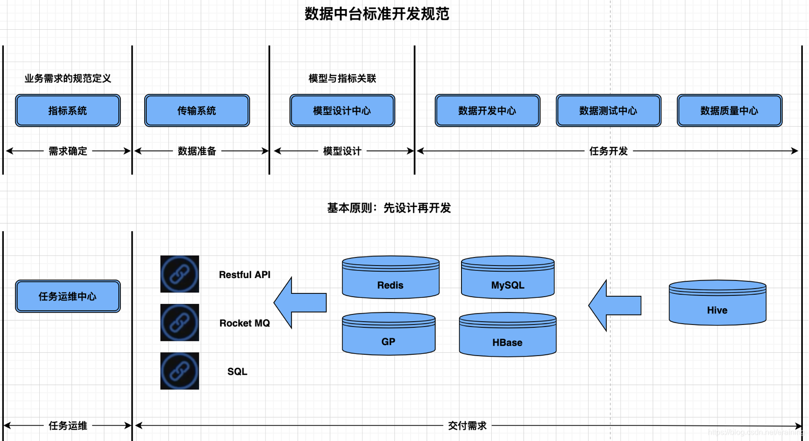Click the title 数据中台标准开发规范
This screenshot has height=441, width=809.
click(377, 14)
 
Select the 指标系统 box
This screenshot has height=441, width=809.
click(68, 111)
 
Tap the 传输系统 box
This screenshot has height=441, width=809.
click(197, 111)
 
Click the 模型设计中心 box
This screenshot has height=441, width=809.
click(342, 111)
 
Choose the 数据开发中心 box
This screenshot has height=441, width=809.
click(487, 111)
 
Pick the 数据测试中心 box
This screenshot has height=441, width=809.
click(608, 111)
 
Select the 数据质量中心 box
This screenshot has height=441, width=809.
click(729, 111)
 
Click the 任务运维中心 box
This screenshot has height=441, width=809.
click(68, 296)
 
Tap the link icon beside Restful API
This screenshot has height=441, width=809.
click(180, 274)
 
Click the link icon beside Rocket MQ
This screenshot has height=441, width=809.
click(180, 323)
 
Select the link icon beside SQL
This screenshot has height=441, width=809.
click(180, 371)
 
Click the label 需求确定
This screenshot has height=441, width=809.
click(68, 151)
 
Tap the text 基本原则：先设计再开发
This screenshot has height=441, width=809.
click(389, 208)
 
